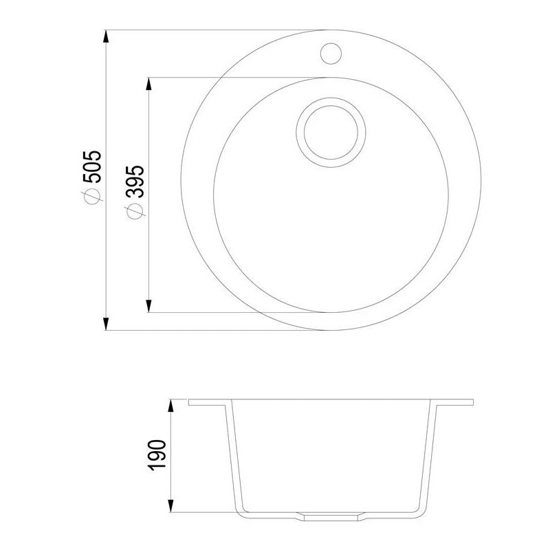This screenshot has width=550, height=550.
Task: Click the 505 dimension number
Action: click(92, 166)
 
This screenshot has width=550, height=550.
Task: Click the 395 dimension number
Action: click(135, 181)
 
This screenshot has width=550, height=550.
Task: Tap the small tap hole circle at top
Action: click(331, 52)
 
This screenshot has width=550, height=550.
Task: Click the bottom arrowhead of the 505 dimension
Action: click(106, 324)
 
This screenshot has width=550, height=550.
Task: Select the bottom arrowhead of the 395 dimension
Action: click(149, 307)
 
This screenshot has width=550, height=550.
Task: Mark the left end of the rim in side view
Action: click(190, 401)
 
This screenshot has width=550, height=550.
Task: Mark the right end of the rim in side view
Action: click(474, 401)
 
